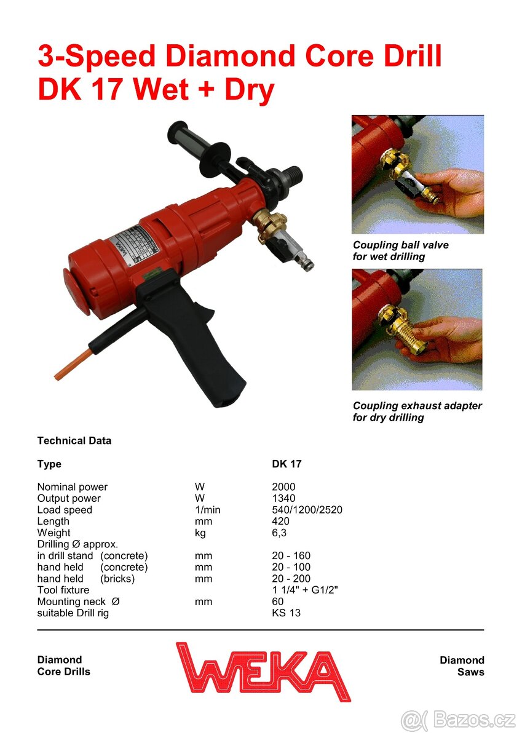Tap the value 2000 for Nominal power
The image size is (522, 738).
(283, 486)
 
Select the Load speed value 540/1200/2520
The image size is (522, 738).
(307, 510)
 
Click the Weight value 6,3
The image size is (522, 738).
(279, 533)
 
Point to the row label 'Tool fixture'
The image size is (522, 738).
(63, 590)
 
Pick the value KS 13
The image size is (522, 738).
(286, 613)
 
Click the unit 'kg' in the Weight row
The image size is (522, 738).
(200, 533)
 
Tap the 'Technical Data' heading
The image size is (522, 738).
(74, 440)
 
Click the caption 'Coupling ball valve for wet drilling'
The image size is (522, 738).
(400, 250)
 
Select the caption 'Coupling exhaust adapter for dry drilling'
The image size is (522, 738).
(417, 411)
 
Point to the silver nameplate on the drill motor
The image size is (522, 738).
(136, 245)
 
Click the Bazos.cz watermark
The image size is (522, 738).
(458, 720)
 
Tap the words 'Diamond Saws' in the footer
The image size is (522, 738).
(462, 666)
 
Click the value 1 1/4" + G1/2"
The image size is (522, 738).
(305, 590)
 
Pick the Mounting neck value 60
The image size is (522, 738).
(278, 601)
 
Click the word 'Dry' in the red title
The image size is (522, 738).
(249, 90)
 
